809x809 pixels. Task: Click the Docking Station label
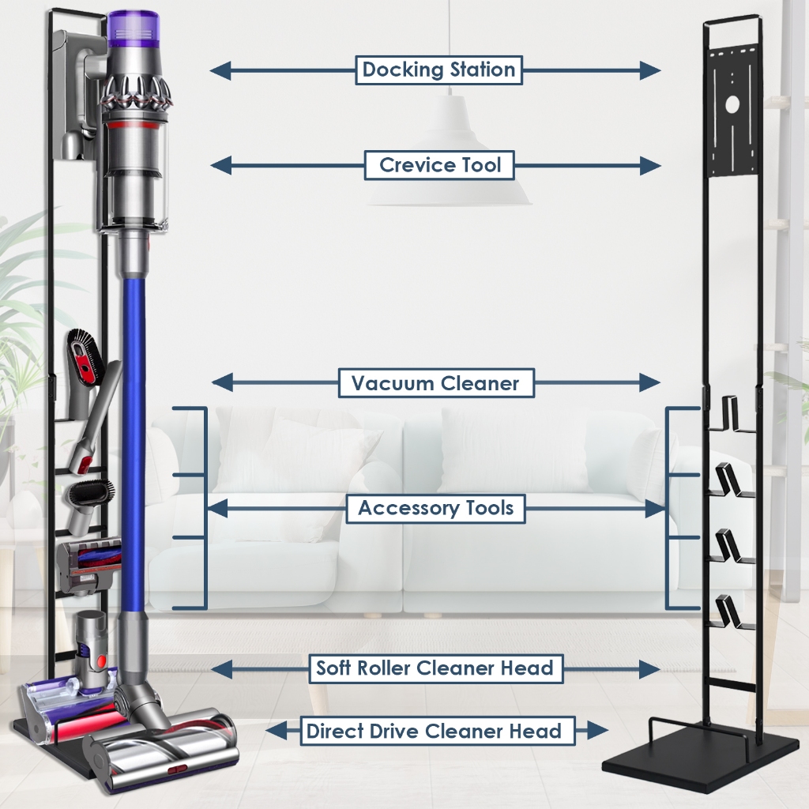point(438,70)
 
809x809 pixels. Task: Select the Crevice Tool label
point(440,165)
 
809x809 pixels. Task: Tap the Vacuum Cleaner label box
point(435,384)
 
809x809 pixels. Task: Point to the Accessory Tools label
point(436,508)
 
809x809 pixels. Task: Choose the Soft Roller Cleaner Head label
point(435,668)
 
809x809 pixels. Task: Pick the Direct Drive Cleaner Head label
point(434,731)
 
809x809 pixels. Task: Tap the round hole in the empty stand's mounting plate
point(732,103)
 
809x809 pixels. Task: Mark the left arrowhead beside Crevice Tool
point(220,165)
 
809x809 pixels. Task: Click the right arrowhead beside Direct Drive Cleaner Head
point(598,731)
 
